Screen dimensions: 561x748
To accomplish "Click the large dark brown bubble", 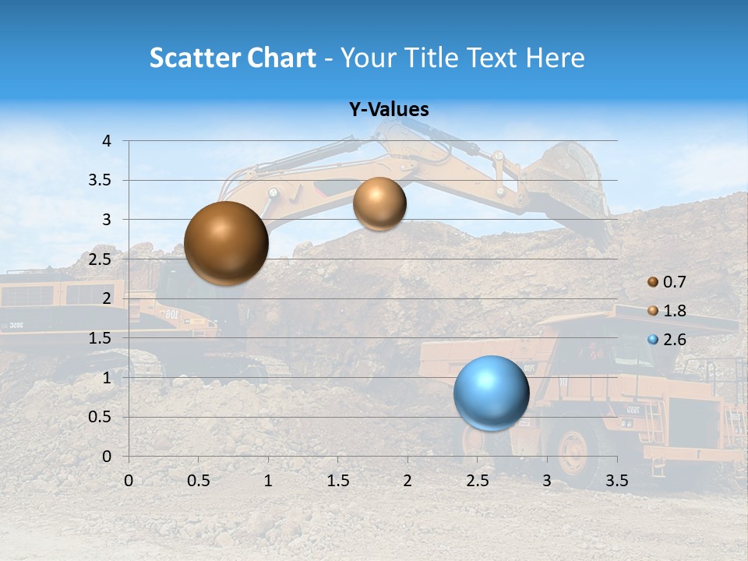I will [x=227, y=243].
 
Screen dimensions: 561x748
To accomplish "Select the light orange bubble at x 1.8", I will [x=379, y=203].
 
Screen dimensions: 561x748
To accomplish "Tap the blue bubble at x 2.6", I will [x=492, y=393].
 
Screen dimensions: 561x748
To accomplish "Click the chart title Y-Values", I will [x=389, y=110].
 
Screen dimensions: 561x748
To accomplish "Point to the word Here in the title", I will [x=555, y=58].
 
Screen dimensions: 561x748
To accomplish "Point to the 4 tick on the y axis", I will [x=107, y=141].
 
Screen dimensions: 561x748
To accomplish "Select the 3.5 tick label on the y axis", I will [x=101, y=181].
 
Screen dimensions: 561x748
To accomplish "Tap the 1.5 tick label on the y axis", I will [x=101, y=338].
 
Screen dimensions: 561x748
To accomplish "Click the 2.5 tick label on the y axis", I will [x=101, y=259].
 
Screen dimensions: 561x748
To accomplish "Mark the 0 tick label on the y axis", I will [x=107, y=456].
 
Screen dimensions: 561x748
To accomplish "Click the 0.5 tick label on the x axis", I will [x=199, y=481].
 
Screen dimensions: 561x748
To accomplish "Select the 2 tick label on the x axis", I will [x=408, y=481].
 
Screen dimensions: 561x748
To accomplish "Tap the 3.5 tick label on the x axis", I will [x=616, y=481].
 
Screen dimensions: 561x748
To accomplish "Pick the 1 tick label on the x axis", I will [x=268, y=481].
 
